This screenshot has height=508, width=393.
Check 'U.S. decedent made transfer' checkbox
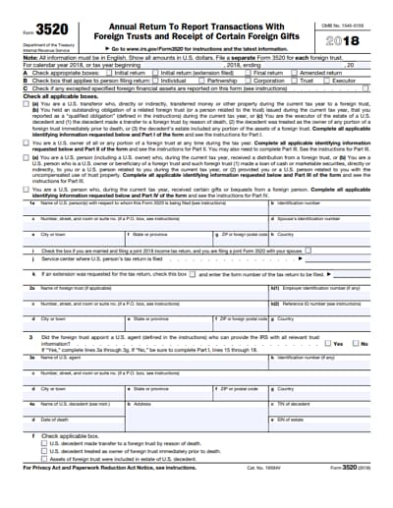point(44,445)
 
